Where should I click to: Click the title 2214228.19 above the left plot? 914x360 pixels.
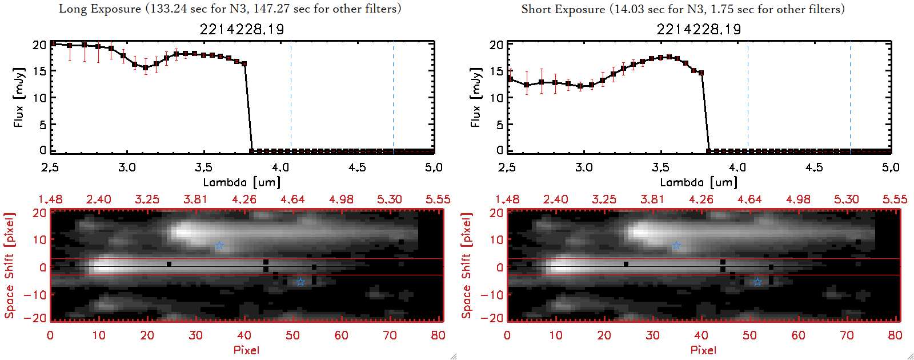(242, 29)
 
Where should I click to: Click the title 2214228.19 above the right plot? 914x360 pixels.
(699, 29)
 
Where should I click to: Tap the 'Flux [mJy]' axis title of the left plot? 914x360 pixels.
(19, 97)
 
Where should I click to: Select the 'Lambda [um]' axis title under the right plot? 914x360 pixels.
(699, 182)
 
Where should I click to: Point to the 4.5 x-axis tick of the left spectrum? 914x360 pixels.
(357, 167)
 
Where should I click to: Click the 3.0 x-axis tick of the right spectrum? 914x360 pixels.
(584, 167)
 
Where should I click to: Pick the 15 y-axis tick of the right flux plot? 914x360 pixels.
(496, 71)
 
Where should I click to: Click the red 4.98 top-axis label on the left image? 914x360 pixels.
(341, 199)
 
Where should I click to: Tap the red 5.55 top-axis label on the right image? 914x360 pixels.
(895, 199)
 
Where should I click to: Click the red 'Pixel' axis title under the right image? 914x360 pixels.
(703, 350)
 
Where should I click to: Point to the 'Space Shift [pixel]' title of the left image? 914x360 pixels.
(9, 266)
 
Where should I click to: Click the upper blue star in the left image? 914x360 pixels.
(219, 246)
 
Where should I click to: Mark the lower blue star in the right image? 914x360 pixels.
(757, 282)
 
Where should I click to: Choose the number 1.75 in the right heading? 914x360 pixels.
(722, 9)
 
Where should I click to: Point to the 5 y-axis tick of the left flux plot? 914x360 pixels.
(43, 125)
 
